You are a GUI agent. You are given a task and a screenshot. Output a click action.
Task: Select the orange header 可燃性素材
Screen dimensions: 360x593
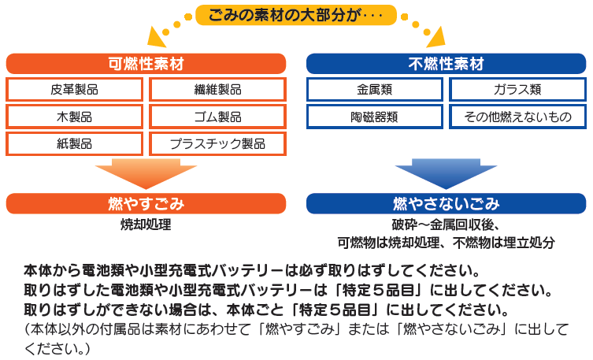click(x=146, y=63)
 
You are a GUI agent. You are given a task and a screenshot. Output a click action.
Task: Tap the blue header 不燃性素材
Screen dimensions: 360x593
click(x=446, y=63)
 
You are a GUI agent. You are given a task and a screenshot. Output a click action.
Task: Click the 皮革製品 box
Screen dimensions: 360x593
click(x=75, y=90)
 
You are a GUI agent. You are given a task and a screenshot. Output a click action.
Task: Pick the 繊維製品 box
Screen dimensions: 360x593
click(x=217, y=90)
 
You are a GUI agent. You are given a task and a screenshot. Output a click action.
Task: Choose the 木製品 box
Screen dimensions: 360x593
click(x=75, y=117)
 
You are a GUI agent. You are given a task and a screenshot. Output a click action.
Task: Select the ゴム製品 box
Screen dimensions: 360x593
click(x=217, y=117)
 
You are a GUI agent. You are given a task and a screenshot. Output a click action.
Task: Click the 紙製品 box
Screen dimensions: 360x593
click(x=75, y=143)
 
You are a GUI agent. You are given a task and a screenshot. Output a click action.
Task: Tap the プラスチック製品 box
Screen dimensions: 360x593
click(x=217, y=143)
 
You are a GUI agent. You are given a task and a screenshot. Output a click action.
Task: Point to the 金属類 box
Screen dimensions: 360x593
click(x=375, y=90)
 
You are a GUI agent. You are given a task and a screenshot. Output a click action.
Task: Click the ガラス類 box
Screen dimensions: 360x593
click(x=517, y=90)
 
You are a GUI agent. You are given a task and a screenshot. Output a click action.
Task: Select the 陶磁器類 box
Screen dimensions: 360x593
click(x=375, y=117)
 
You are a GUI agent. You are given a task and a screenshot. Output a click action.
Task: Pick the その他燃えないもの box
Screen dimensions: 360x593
click(x=517, y=117)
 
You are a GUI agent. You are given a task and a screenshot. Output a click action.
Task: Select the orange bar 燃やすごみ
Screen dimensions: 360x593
click(x=146, y=203)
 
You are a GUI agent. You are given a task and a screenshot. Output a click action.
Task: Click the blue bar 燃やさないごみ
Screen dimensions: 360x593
click(x=446, y=203)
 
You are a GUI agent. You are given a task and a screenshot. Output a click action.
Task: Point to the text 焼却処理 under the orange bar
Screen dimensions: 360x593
click(x=146, y=225)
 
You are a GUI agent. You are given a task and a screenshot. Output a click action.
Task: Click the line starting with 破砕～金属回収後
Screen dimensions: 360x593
click(x=446, y=225)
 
